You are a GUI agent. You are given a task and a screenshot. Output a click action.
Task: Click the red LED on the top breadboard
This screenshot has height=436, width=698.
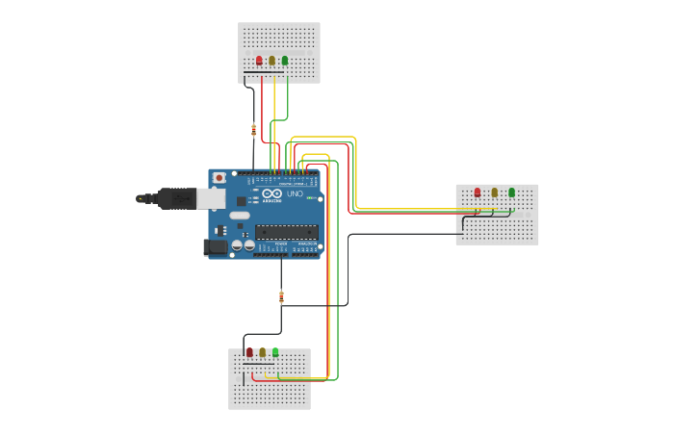[x=259, y=61]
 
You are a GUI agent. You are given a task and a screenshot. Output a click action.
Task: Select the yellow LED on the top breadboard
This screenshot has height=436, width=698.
[x=271, y=61]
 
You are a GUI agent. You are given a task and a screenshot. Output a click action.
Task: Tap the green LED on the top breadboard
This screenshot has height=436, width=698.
[x=285, y=61]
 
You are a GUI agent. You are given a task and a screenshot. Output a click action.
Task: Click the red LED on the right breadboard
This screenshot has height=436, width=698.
[x=478, y=192]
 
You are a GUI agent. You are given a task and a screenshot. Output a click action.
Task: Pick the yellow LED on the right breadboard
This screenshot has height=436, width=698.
[x=495, y=192]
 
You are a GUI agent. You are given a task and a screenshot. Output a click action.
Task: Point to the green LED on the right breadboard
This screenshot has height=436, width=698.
[x=511, y=192]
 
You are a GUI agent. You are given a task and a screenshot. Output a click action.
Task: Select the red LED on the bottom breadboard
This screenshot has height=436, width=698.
[x=249, y=352]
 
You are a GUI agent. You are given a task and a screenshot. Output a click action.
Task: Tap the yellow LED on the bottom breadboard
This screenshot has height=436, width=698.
[x=262, y=352]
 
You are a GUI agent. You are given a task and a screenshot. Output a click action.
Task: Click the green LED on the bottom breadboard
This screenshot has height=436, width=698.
[x=275, y=352]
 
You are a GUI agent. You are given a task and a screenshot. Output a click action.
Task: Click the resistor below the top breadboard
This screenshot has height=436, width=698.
[x=253, y=130]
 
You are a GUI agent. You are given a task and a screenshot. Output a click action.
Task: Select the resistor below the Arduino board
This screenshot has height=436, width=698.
[x=281, y=296]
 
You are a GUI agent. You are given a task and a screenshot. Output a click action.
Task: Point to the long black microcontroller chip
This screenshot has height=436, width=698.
[x=286, y=231]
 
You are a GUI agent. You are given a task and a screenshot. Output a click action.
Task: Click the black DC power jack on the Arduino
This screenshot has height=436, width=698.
[x=216, y=247]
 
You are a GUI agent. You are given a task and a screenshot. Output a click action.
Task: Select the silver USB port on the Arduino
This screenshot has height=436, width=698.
[x=210, y=198]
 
